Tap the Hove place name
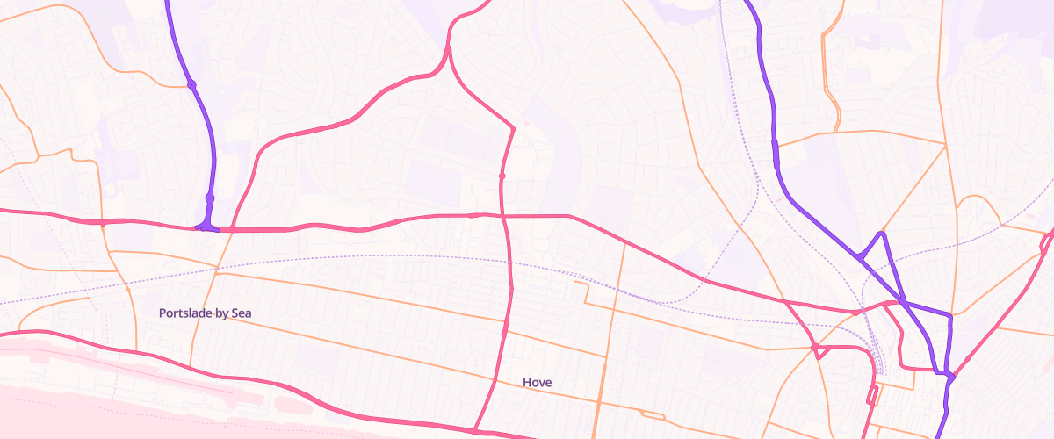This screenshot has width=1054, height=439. (x=537, y=383)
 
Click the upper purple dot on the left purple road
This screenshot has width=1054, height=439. (x=191, y=84)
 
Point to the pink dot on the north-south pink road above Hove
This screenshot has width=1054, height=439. (x=502, y=176)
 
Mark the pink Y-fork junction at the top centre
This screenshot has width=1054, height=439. (x=449, y=48)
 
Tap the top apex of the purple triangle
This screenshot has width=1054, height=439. (x=882, y=233)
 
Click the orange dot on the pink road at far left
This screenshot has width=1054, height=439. (x=104, y=224)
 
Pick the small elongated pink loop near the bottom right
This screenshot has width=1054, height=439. (x=872, y=394)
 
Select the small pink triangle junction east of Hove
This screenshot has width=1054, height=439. (x=817, y=351)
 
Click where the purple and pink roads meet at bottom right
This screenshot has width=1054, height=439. (x=950, y=376)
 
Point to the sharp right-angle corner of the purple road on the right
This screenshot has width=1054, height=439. (x=949, y=315)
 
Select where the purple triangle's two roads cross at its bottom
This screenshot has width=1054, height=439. (x=903, y=301)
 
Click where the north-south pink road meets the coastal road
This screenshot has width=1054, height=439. (x=475, y=431)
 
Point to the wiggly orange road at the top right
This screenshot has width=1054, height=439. (x=830, y=79)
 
